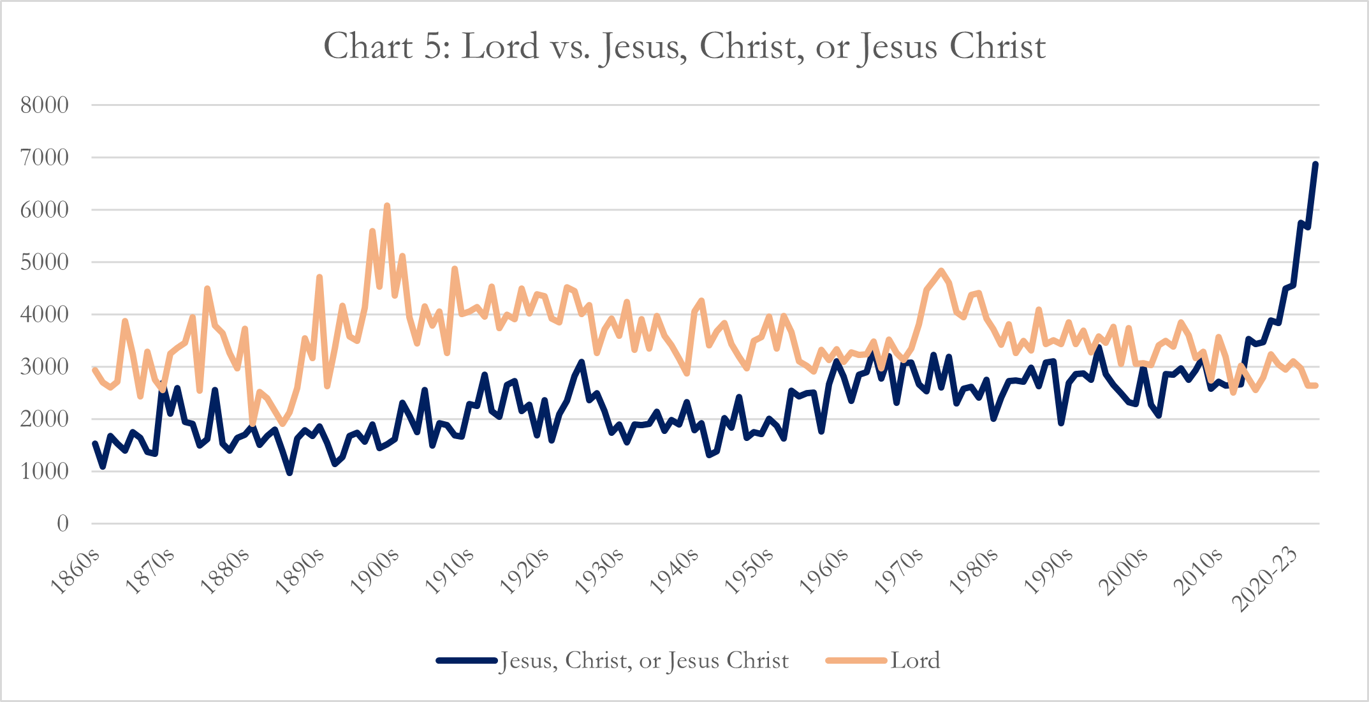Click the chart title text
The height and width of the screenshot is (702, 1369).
click(x=684, y=46)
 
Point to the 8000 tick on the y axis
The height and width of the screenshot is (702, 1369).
click(x=45, y=105)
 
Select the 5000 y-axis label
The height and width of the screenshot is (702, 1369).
click(x=45, y=262)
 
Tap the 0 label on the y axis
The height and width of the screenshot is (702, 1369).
click(x=62, y=524)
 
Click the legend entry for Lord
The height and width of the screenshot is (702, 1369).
click(x=915, y=661)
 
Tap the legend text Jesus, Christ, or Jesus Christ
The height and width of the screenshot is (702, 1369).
click(x=645, y=661)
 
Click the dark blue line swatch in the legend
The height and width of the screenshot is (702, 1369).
click(x=467, y=661)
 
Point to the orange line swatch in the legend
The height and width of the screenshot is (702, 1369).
click(x=856, y=661)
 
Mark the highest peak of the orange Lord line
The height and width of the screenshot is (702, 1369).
click(x=387, y=205)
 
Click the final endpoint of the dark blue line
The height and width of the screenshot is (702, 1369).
click(x=1315, y=164)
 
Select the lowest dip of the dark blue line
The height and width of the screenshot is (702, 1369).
click(x=289, y=473)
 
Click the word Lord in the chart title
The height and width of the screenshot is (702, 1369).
click(x=500, y=46)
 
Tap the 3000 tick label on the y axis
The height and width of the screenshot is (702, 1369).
click(x=45, y=367)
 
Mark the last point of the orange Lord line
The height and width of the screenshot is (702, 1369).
click(x=1315, y=385)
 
